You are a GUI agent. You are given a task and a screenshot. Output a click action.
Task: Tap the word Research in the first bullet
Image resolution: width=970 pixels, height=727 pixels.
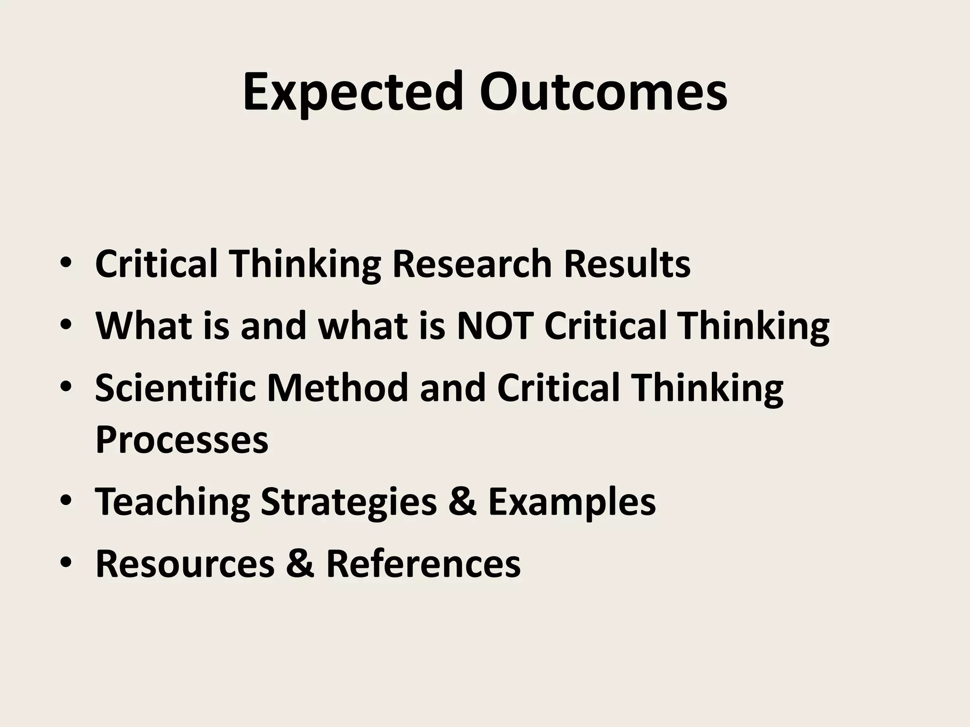[472, 264]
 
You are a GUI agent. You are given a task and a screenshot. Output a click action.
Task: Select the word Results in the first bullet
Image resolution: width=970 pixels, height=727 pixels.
[627, 264]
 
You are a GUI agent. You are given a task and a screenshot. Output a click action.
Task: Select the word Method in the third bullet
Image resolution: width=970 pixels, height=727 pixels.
[337, 388]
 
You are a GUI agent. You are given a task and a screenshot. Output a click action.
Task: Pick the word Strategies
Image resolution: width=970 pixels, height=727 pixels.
[349, 502]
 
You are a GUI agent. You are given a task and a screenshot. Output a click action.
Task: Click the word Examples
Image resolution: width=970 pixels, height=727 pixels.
[572, 502]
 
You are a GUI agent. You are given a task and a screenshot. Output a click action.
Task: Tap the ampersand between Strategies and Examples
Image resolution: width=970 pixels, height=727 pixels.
[462, 502]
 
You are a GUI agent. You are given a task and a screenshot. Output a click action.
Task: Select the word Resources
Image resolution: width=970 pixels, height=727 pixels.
[185, 564]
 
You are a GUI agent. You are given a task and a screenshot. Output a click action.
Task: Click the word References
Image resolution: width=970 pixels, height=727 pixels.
[423, 564]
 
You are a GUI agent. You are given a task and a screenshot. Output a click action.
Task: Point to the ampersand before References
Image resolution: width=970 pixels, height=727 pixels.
[300, 564]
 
